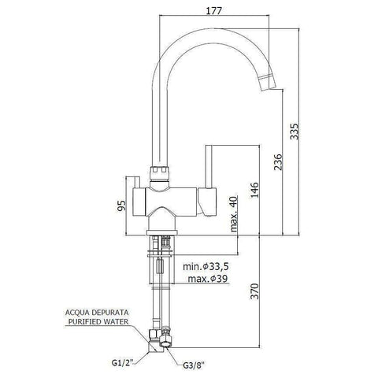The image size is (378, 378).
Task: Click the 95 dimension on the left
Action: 120,206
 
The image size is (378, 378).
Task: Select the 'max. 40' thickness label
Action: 235,215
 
